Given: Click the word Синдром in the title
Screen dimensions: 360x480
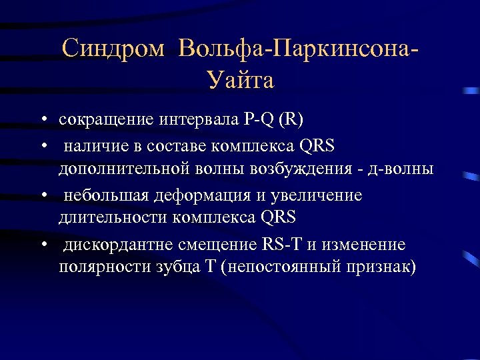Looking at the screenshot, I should click(x=113, y=49).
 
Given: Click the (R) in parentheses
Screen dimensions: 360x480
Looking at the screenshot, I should click(x=291, y=120).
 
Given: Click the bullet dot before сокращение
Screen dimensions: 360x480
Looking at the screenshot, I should click(x=42, y=121).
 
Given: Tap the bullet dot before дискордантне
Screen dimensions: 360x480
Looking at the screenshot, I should click(x=42, y=244).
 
